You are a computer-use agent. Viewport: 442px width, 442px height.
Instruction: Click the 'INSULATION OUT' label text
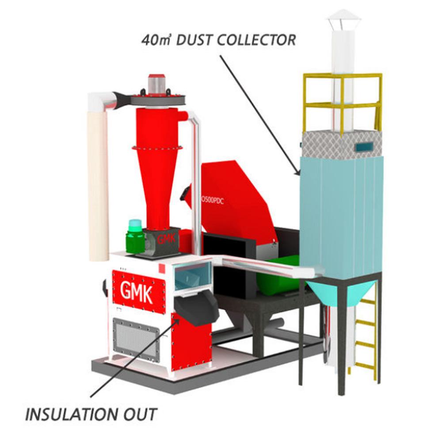pos(91,415)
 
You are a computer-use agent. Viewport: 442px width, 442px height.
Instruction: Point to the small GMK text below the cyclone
pos(166,240)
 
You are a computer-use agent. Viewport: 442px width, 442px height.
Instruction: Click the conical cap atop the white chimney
pos(343,18)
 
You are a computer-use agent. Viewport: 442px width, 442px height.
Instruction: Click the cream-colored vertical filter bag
pos(98,186)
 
